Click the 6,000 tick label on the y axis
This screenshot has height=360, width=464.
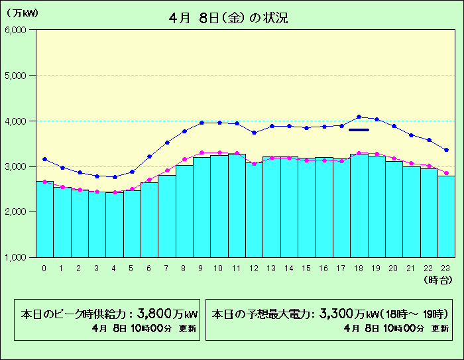15,30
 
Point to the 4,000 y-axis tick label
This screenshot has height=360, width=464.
15,121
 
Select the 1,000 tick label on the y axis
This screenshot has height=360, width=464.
15,257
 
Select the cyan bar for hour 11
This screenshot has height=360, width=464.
237,206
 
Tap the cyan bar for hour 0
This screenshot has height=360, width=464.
44,219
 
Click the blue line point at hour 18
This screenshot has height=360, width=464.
359,117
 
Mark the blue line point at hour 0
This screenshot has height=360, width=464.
44,159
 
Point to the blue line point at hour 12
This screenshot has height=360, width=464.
254,133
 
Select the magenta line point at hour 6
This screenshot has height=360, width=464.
149,180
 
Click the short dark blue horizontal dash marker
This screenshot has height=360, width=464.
359,130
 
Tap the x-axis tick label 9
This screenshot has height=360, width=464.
202,268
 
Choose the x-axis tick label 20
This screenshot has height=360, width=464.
393,268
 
